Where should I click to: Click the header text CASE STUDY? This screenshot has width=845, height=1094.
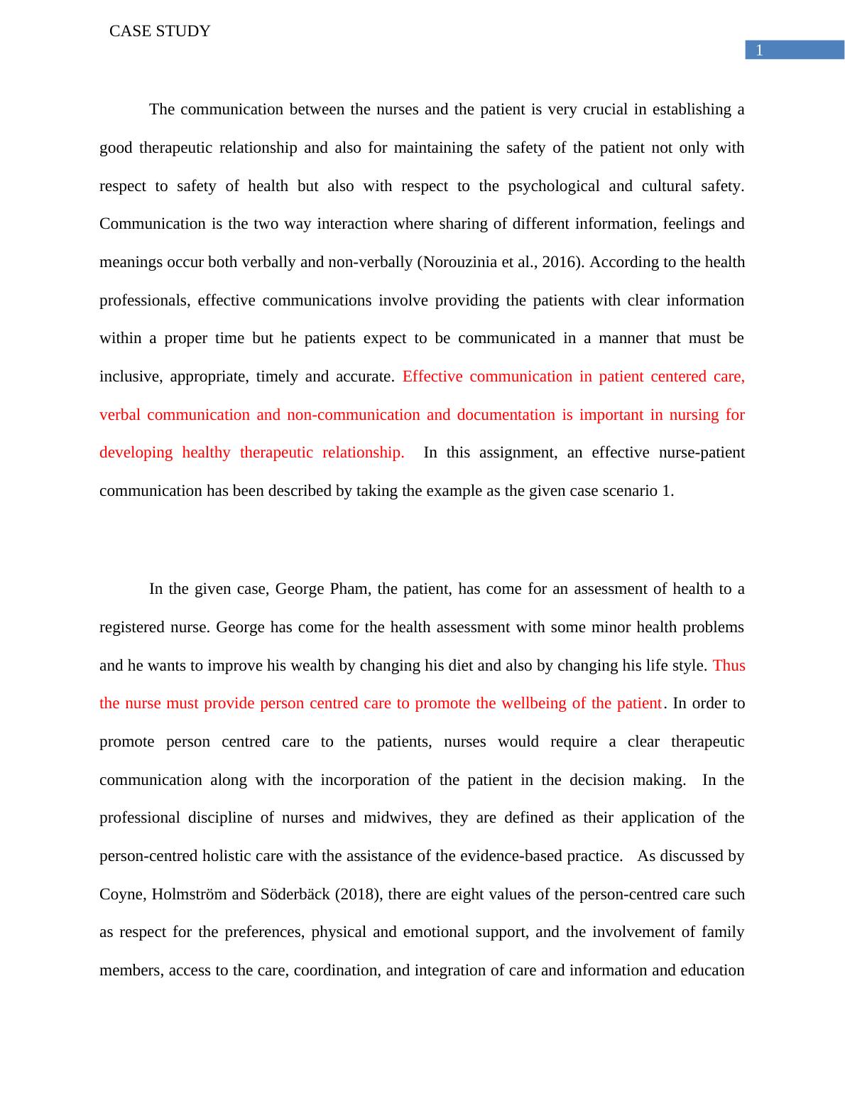(x=160, y=31)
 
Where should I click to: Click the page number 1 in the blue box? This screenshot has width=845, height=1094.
(x=759, y=50)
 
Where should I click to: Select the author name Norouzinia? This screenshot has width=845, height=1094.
(x=459, y=262)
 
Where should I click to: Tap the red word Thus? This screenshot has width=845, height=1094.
(x=729, y=666)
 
